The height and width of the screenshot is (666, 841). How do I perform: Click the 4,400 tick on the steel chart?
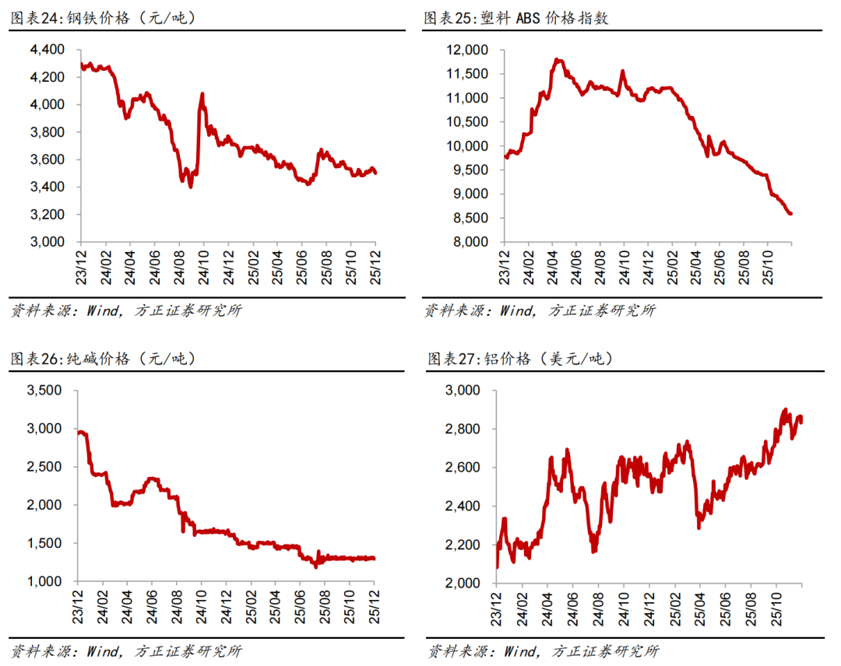(48, 50)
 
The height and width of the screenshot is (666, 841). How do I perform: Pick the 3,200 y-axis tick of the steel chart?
(48, 215)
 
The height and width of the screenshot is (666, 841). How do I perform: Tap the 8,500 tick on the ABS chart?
(470, 219)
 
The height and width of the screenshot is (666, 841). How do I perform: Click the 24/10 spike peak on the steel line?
(202, 94)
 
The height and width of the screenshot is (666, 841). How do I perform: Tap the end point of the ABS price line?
(791, 214)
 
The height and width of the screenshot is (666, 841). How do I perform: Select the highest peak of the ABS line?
(557, 59)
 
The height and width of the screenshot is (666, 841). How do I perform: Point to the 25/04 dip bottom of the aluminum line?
(698, 528)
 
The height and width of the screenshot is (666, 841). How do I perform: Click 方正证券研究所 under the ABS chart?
(602, 310)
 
